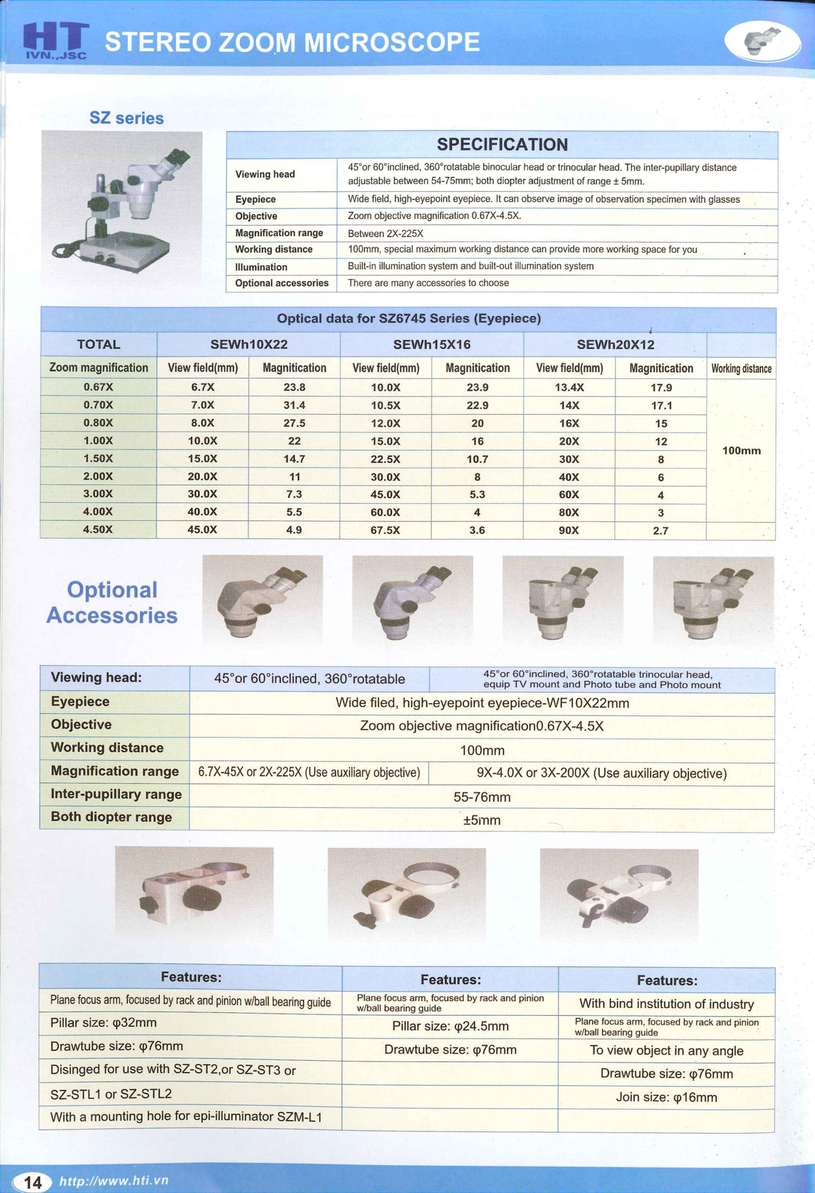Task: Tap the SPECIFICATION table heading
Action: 502,145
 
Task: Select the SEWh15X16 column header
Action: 431,344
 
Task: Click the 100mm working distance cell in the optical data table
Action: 741,451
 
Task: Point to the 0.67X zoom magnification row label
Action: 98,387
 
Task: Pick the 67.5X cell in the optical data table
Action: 385,530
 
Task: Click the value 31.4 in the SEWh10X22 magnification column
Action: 294,405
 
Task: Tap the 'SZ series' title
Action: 126,118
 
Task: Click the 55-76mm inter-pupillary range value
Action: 481,797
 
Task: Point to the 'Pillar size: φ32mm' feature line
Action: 103,1022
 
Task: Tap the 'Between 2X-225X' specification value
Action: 385,233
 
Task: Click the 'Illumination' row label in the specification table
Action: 261,267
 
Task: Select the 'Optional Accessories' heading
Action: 112,603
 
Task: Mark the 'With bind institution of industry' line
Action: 666,1004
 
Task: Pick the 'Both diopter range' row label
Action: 111,817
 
